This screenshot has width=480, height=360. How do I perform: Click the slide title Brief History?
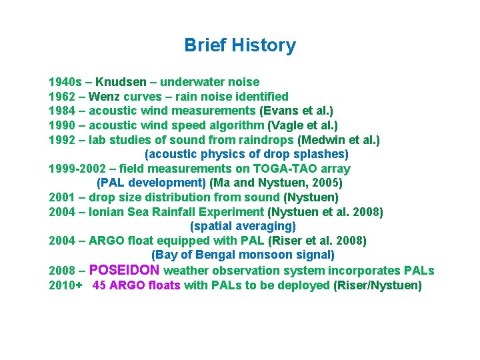(240, 45)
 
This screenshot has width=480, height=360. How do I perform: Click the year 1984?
(61, 111)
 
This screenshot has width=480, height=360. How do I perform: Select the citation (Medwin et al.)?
(339, 140)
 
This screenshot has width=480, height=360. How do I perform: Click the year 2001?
(61, 197)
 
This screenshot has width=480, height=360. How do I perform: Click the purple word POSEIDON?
(124, 270)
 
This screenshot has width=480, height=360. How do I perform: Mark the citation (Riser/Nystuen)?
(377, 285)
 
